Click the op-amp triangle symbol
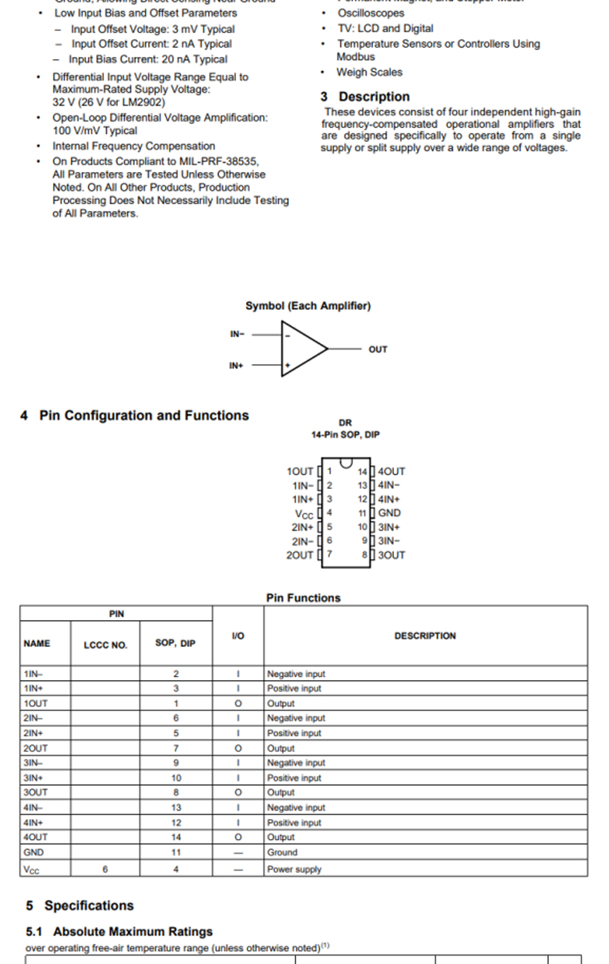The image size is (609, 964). click(x=302, y=349)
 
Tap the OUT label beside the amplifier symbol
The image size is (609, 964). click(x=378, y=349)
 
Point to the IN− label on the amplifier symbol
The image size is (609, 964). click(x=237, y=334)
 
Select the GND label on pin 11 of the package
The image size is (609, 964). click(x=389, y=513)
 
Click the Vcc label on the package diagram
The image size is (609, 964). click(x=304, y=513)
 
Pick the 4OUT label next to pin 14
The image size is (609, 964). click(x=392, y=471)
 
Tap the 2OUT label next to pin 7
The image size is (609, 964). click(x=300, y=554)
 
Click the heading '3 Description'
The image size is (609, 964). click(x=365, y=96)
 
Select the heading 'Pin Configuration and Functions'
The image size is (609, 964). click(x=144, y=416)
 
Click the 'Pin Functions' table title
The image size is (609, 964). click(x=303, y=598)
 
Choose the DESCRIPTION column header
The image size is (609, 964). click(x=425, y=636)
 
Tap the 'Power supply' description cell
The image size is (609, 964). click(x=294, y=869)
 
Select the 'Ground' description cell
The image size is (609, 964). click(x=282, y=853)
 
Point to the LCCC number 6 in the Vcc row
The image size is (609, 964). click(x=105, y=869)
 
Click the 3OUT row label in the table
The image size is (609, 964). click(x=35, y=793)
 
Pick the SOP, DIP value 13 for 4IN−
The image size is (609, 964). click(x=177, y=807)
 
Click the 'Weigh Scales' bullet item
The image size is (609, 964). click(x=369, y=72)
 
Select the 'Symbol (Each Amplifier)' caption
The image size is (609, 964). click(x=308, y=306)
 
